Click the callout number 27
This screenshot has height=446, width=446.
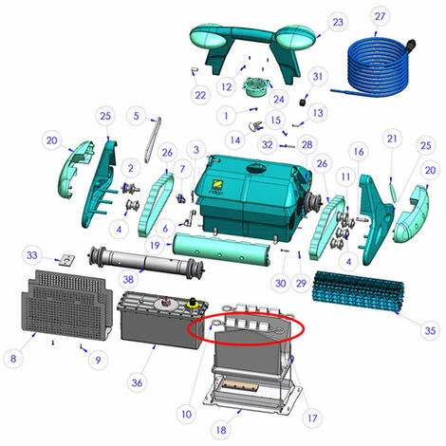coord(380,16)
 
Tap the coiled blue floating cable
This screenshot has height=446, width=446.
coord(377,68)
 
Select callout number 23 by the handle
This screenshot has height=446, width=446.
coord(338,22)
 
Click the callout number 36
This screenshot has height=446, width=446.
coord(137,382)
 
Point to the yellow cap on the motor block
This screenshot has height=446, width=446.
coord(192,304)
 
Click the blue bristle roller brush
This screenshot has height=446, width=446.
coord(358,291)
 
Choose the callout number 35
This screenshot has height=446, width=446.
coord(430,330)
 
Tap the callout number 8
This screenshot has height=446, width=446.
coord(13,359)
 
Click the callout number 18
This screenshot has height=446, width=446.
coord(221,430)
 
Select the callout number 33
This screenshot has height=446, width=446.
coord(32,255)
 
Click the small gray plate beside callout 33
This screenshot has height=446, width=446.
coord(67,260)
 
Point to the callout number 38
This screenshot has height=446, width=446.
coord(128,279)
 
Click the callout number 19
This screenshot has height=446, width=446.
coord(155,245)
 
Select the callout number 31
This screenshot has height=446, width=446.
coord(317,77)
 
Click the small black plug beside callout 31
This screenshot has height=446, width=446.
coord(304,102)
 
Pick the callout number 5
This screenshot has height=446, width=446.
coord(136,116)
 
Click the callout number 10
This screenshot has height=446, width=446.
coord(187,414)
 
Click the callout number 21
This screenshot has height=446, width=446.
coord(392,139)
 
